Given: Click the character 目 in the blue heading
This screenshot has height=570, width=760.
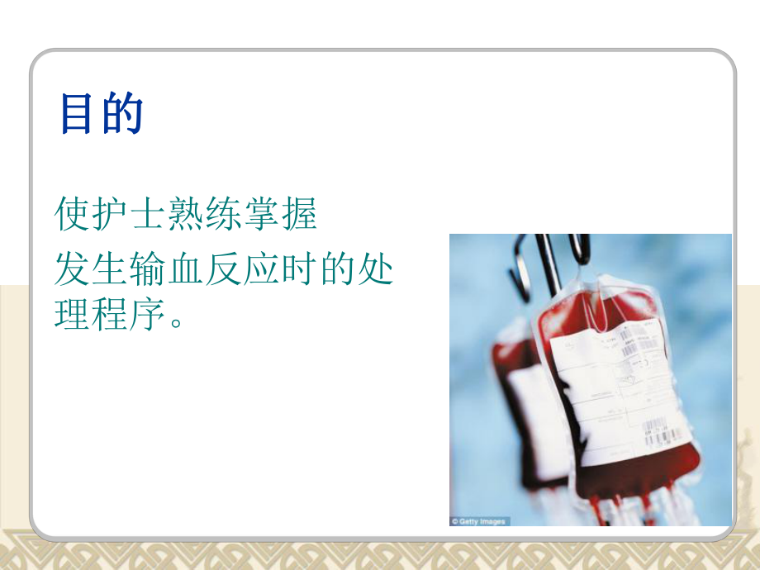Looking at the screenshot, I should click(x=80, y=115).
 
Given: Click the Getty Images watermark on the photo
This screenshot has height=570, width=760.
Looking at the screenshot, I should click(x=480, y=521).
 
